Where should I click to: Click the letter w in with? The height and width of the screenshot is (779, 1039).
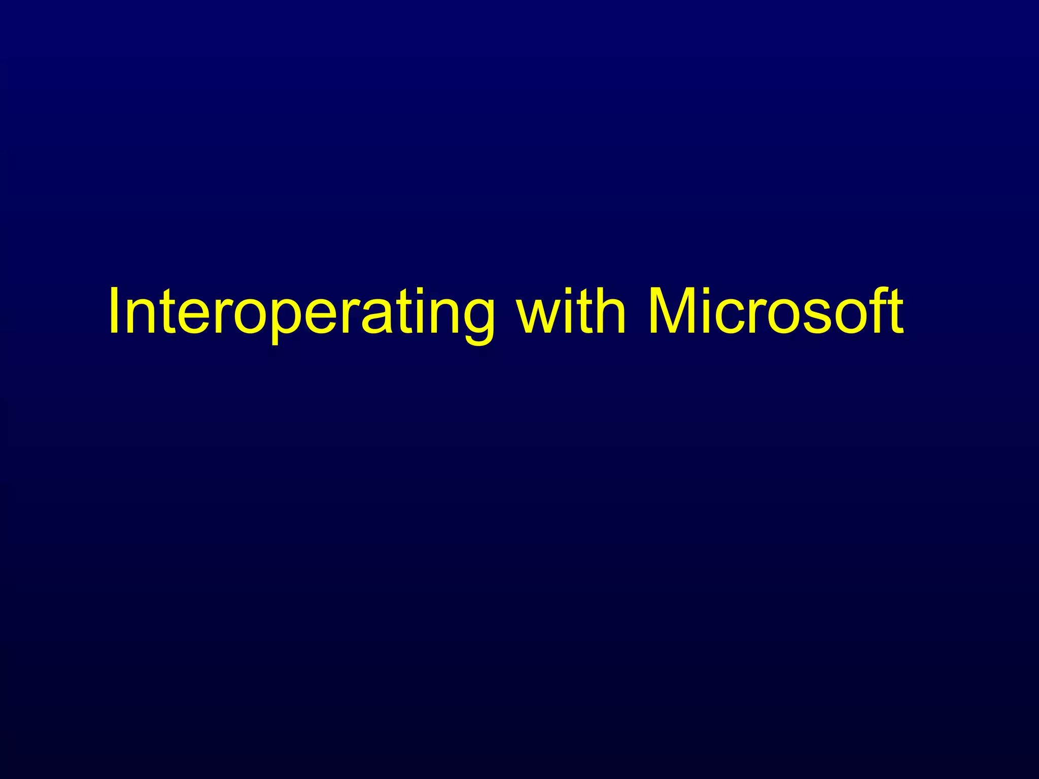(538, 317)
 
